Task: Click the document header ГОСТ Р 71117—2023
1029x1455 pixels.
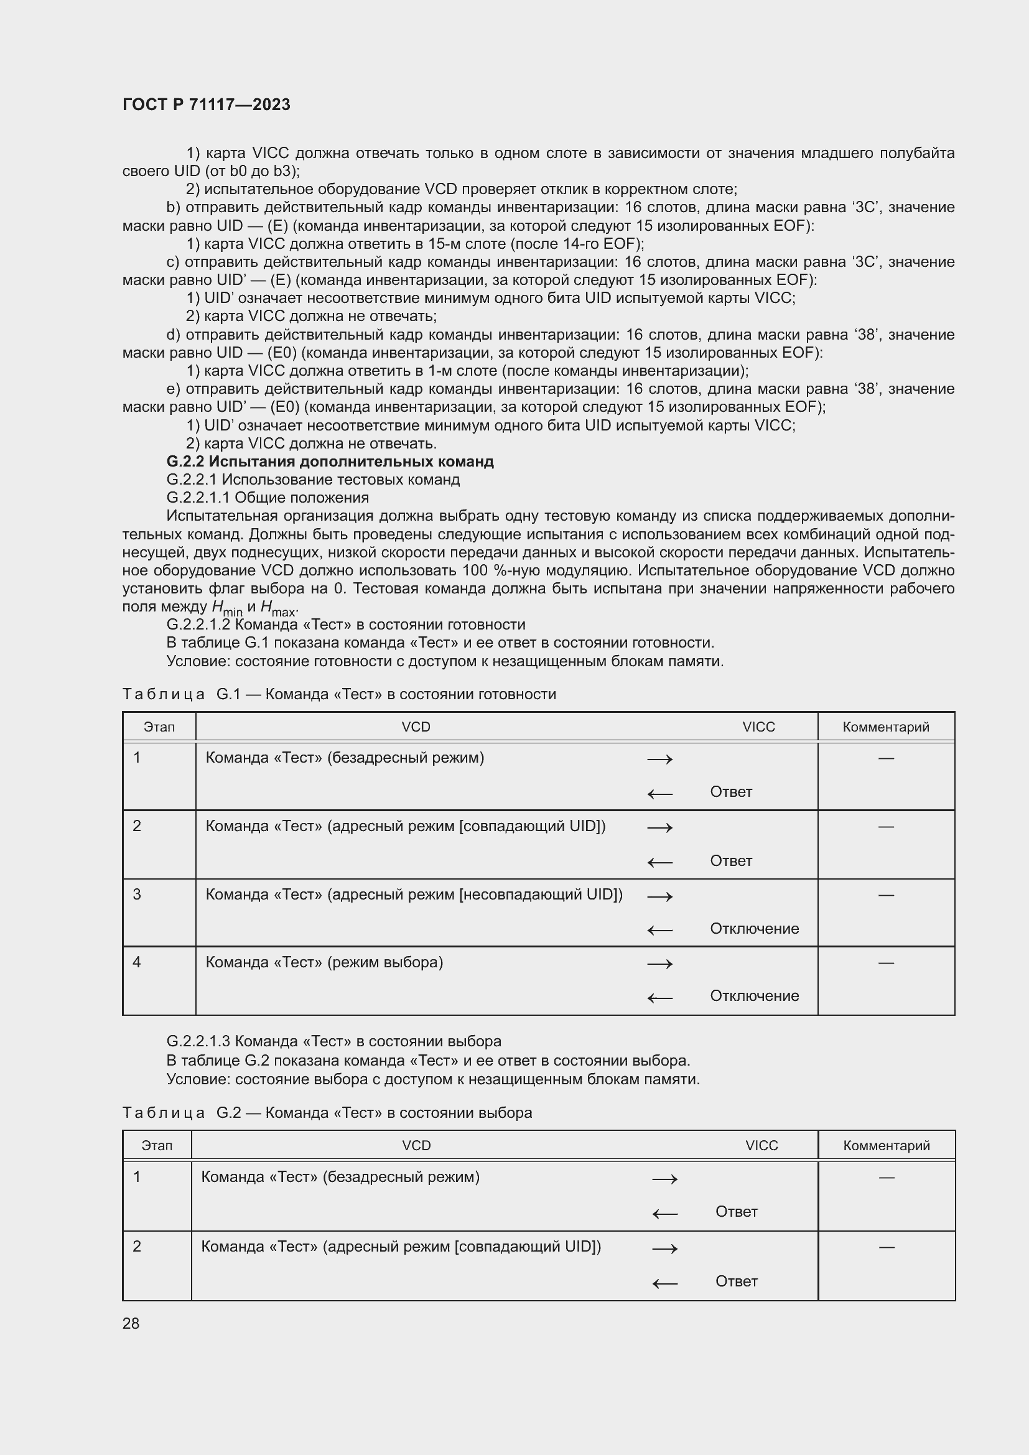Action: pos(206,105)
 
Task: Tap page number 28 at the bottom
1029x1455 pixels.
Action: pos(131,1323)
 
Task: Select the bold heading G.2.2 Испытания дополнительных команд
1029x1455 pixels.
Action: pos(330,462)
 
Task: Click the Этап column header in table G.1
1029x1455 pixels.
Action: pos(159,727)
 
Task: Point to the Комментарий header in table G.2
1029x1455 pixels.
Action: pos(886,1146)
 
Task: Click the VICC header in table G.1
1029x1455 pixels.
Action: pos(758,727)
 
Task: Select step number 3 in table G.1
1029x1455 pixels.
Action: pos(137,894)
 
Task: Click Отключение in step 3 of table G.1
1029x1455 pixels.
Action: pos(754,929)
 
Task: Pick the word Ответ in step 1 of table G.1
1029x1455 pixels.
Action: pos(730,792)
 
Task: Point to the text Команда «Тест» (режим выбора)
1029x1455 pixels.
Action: pos(324,962)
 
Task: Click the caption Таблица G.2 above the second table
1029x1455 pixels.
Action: pos(327,1113)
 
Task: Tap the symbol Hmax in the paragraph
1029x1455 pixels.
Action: pos(278,608)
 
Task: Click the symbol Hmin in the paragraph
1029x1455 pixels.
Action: pos(227,608)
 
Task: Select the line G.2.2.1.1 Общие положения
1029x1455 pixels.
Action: pos(268,498)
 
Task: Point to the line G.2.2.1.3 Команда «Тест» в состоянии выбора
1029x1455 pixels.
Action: pos(333,1041)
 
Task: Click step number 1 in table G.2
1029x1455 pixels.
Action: pos(137,1177)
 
